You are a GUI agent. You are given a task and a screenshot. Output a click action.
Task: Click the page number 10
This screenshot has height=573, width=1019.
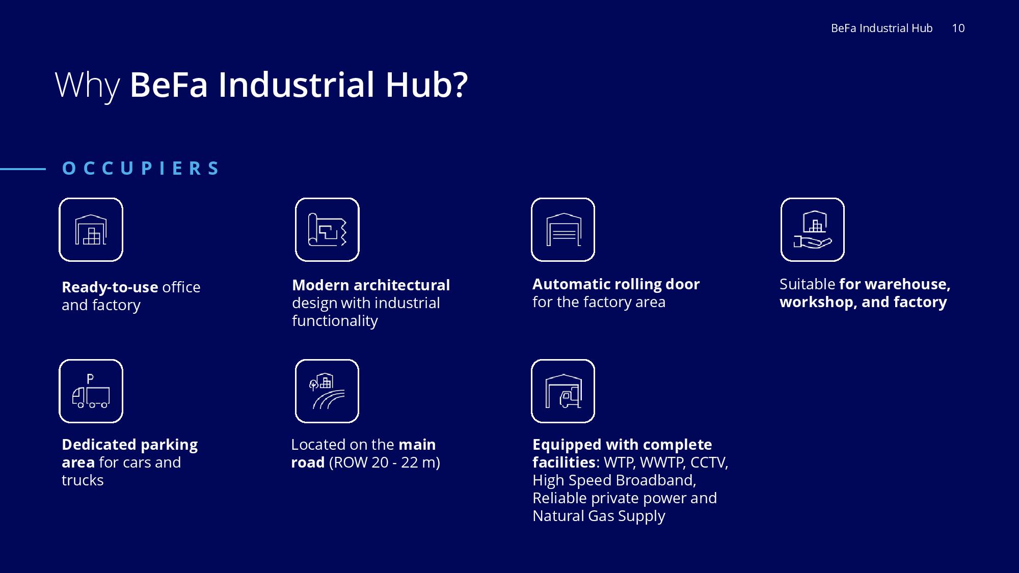pyautogui.click(x=958, y=29)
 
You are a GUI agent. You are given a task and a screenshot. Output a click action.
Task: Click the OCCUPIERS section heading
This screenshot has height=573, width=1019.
pyautogui.click(x=141, y=168)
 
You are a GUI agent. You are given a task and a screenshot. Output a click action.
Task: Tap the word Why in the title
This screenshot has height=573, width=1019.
pyautogui.click(x=87, y=85)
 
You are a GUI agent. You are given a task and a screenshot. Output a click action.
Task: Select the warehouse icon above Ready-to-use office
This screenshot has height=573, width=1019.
pyautogui.click(x=91, y=230)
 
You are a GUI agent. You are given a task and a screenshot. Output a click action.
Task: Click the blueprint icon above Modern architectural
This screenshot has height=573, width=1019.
pyautogui.click(x=327, y=230)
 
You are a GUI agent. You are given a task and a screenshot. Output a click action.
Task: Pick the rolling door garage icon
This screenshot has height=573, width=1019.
pyautogui.click(x=563, y=230)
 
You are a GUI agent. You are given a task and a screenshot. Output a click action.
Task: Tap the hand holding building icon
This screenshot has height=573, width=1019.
pyautogui.click(x=813, y=230)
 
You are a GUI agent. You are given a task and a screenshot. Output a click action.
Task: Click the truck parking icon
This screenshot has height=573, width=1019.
pyautogui.click(x=91, y=391)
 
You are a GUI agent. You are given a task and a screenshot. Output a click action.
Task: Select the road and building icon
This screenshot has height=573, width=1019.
pyautogui.click(x=327, y=391)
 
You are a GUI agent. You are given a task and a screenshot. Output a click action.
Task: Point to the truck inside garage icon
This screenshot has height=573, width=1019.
pyautogui.click(x=563, y=391)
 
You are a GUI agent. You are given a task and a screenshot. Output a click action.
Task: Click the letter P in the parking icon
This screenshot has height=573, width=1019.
pyautogui.click(x=90, y=379)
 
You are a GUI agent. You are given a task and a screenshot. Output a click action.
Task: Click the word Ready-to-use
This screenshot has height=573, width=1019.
pyautogui.click(x=110, y=288)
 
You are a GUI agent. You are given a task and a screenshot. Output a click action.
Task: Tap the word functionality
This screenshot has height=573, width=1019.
pyautogui.click(x=335, y=321)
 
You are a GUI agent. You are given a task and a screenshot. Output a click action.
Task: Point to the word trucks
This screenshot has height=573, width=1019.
pyautogui.click(x=83, y=480)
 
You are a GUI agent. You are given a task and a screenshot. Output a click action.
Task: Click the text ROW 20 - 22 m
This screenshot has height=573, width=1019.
pyautogui.click(x=385, y=462)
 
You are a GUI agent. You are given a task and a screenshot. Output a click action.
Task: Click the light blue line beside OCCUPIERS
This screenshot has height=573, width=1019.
pyautogui.click(x=23, y=169)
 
